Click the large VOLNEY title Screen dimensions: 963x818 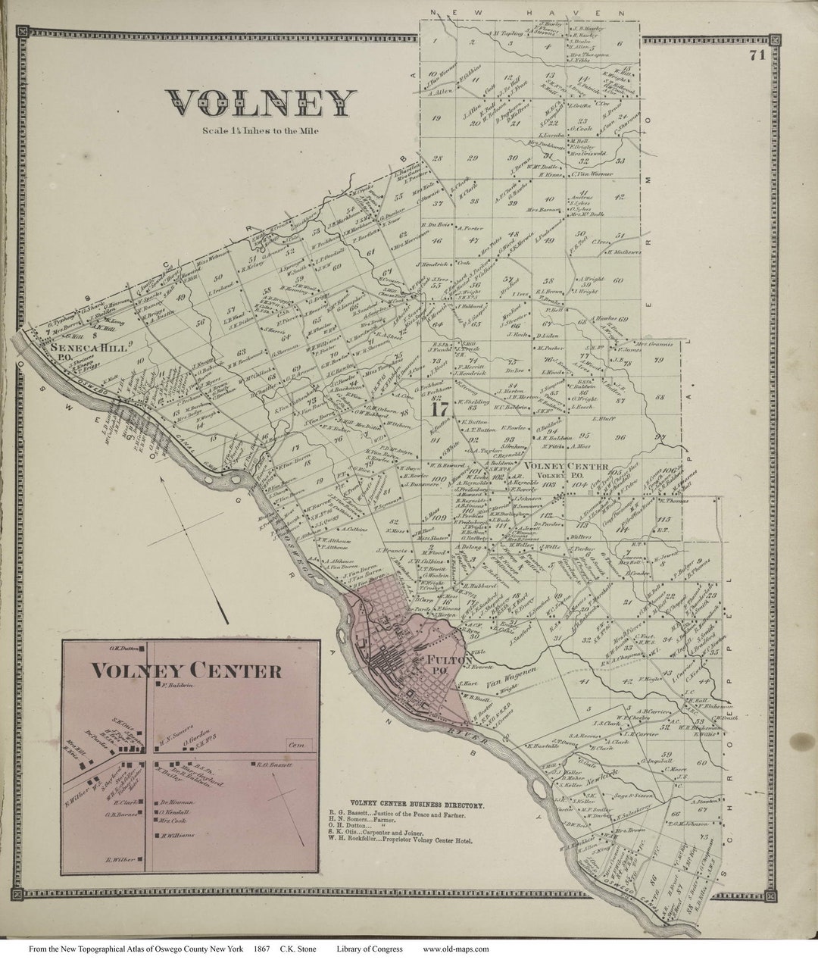(x=261, y=104)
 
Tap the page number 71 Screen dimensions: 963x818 (x=755, y=55)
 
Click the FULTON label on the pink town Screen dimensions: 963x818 (x=439, y=659)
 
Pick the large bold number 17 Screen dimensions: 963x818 (x=437, y=410)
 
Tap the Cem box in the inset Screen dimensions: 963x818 (x=295, y=746)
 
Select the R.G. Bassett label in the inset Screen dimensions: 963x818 (x=274, y=765)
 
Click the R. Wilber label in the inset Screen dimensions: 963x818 (x=120, y=859)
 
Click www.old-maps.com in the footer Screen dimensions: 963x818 (x=455, y=949)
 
